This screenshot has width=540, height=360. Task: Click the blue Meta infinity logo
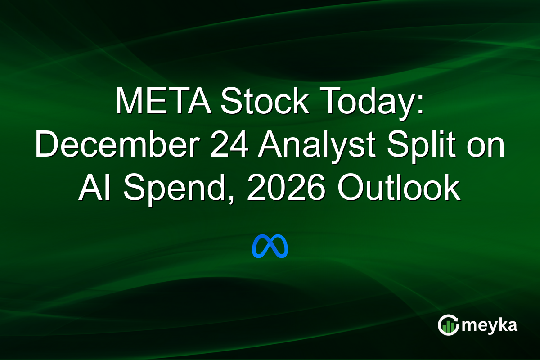[x=270, y=246]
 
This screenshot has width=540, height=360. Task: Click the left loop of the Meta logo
[x=261, y=247]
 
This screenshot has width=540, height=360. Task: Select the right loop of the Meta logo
[x=279, y=246]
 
